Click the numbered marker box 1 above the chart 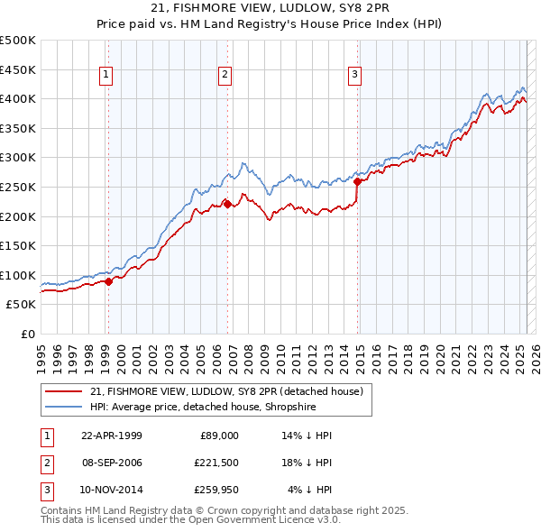106,75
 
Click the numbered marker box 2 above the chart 225,75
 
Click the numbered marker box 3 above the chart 355,75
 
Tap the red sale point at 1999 109,281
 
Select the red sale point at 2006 227,203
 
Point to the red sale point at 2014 358,181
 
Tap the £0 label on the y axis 28,334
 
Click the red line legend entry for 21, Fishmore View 225,391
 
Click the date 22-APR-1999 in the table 111,436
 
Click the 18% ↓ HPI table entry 306,463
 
